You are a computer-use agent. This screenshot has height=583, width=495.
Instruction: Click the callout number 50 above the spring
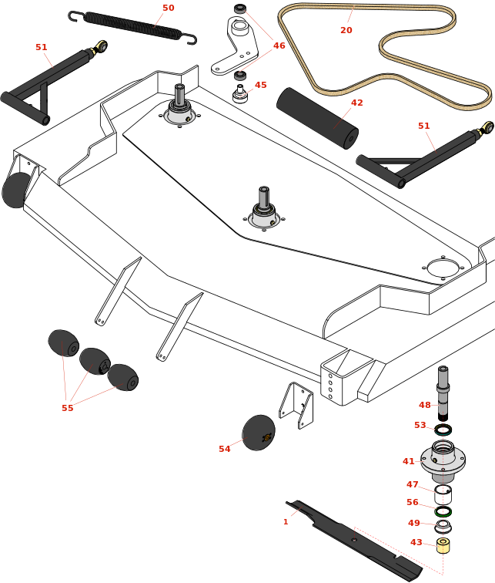coord(168,8)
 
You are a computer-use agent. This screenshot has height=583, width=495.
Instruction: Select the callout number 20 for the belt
coord(346,30)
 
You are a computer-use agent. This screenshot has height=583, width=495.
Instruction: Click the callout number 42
coord(357,103)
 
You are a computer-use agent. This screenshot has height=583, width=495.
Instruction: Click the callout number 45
coord(261,85)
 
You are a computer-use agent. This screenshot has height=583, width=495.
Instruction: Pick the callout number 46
coord(279,45)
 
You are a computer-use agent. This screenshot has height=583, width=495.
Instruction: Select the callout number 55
coord(68,408)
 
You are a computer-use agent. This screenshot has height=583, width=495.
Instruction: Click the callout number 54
coord(225,449)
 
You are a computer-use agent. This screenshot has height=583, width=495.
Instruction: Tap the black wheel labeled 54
coord(258,433)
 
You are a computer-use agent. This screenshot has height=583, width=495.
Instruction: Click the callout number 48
coord(425,405)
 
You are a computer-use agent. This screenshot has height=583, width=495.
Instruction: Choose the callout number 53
coord(420,425)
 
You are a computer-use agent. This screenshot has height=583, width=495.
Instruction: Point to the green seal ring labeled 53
coord(443,429)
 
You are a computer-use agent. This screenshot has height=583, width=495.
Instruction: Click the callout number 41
coord(409,461)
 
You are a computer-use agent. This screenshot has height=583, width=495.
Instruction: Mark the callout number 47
coord(413,484)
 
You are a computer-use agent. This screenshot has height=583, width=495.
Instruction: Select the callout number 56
coord(413,502)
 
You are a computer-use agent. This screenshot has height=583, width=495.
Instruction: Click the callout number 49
coord(414,522)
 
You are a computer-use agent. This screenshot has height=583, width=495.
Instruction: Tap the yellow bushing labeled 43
coord(443,545)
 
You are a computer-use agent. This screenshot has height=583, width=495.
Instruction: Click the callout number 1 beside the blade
coord(286,522)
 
